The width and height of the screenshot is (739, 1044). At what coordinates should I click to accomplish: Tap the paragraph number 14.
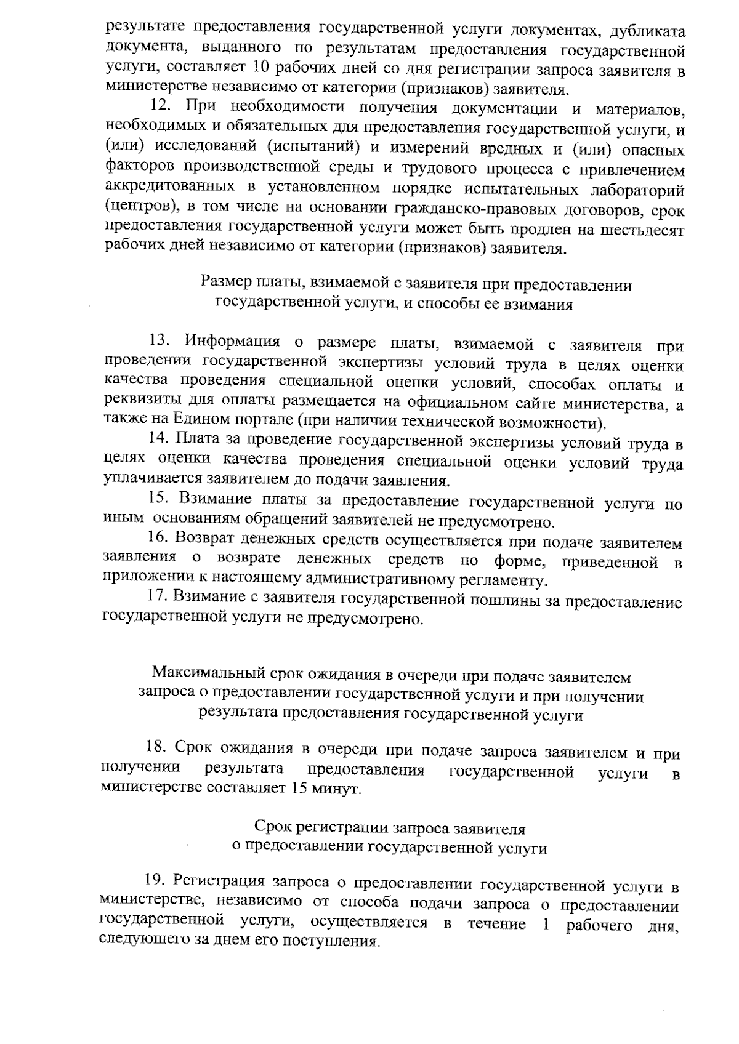158,440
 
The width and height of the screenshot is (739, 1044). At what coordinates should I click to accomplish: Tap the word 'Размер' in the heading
223,284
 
